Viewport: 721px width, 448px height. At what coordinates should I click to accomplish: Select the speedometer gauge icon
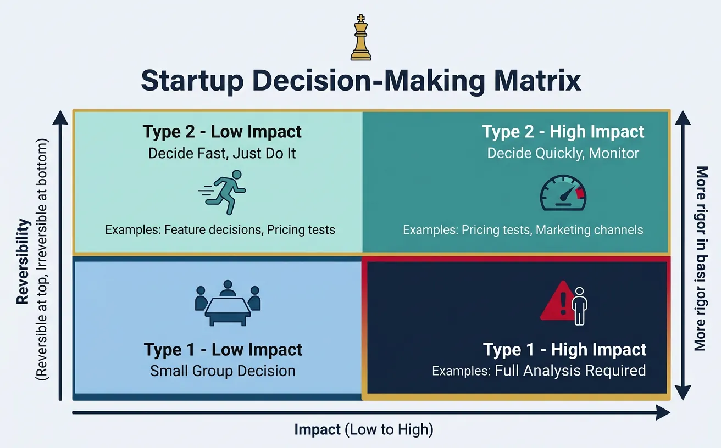(x=563, y=193)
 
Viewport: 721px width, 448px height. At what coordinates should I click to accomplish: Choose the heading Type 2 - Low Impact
(x=222, y=132)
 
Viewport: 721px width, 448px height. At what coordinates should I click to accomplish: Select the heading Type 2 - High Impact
(x=563, y=132)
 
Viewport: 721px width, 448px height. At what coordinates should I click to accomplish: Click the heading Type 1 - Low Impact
(x=223, y=350)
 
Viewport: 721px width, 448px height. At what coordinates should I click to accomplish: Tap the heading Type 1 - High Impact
(x=564, y=350)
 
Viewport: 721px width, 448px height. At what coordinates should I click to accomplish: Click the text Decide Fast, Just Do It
(x=222, y=153)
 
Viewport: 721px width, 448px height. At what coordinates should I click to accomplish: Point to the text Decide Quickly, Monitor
(x=563, y=153)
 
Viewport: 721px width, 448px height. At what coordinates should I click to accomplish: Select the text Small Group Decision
(x=223, y=371)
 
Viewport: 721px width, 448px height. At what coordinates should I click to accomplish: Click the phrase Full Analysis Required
(x=570, y=371)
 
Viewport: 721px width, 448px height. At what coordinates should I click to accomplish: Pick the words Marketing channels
(x=589, y=229)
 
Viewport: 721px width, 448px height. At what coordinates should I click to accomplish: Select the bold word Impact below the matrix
(x=318, y=429)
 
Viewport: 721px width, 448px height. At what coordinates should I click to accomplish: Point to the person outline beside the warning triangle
(x=579, y=305)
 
